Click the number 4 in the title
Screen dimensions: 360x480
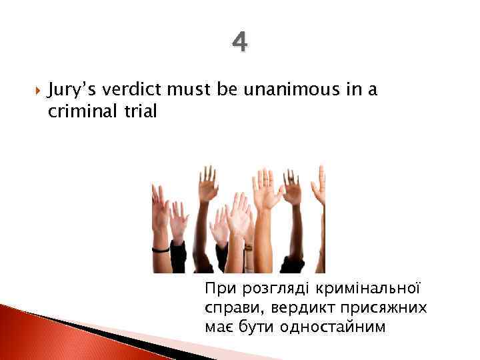coord(240,43)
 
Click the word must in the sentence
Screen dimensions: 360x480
coord(193,91)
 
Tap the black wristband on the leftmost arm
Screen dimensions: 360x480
coord(161,249)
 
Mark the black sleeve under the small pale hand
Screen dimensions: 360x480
coord(178,257)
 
